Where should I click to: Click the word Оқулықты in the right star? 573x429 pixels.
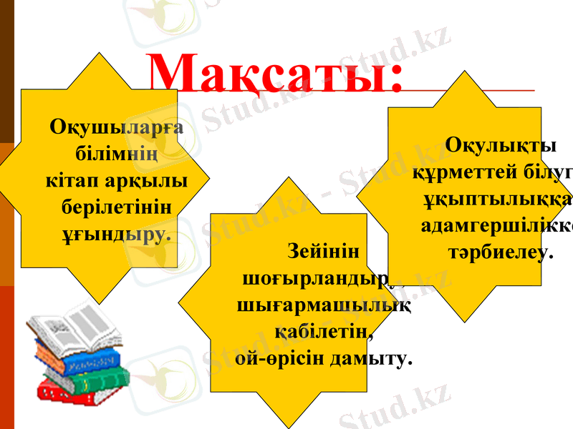coord(501,146)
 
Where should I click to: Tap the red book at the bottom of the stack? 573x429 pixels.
coord(68,392)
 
